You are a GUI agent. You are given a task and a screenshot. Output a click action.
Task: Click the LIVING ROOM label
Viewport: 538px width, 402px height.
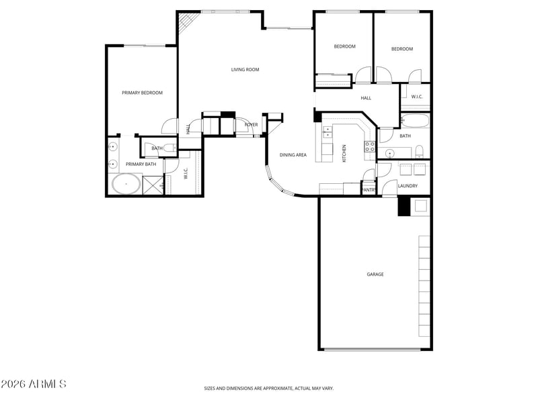click(245, 70)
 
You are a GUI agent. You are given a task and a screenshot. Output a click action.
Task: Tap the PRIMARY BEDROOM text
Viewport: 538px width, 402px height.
click(142, 93)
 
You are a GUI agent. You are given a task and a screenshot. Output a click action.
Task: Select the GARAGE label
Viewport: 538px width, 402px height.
click(375, 274)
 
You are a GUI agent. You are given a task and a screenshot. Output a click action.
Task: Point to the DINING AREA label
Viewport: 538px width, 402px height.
click(293, 155)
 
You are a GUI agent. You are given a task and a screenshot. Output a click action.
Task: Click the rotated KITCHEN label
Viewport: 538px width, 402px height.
click(344, 153)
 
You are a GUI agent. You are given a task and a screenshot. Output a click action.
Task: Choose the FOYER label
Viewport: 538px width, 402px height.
click(251, 125)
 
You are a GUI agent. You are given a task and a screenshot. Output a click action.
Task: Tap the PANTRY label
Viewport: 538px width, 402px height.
click(369, 190)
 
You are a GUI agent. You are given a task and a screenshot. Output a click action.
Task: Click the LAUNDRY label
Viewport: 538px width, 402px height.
click(408, 186)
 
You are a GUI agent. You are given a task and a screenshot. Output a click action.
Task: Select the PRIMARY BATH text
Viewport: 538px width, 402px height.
click(141, 164)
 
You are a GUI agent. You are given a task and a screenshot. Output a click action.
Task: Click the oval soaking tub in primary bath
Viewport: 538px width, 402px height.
click(126, 184)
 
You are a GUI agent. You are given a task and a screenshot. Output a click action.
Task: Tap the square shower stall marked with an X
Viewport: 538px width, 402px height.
click(154, 185)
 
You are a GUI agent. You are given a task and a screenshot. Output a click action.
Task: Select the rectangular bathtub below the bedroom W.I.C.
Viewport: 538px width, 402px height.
click(415, 121)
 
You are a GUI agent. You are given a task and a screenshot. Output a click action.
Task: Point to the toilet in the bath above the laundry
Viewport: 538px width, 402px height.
click(418, 151)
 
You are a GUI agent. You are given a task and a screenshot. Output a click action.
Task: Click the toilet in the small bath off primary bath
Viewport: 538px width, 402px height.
click(169, 148)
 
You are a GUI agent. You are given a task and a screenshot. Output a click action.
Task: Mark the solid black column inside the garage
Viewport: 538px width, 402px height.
click(403, 206)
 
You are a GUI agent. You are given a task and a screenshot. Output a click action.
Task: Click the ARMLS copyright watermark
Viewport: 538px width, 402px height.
click(34, 384)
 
